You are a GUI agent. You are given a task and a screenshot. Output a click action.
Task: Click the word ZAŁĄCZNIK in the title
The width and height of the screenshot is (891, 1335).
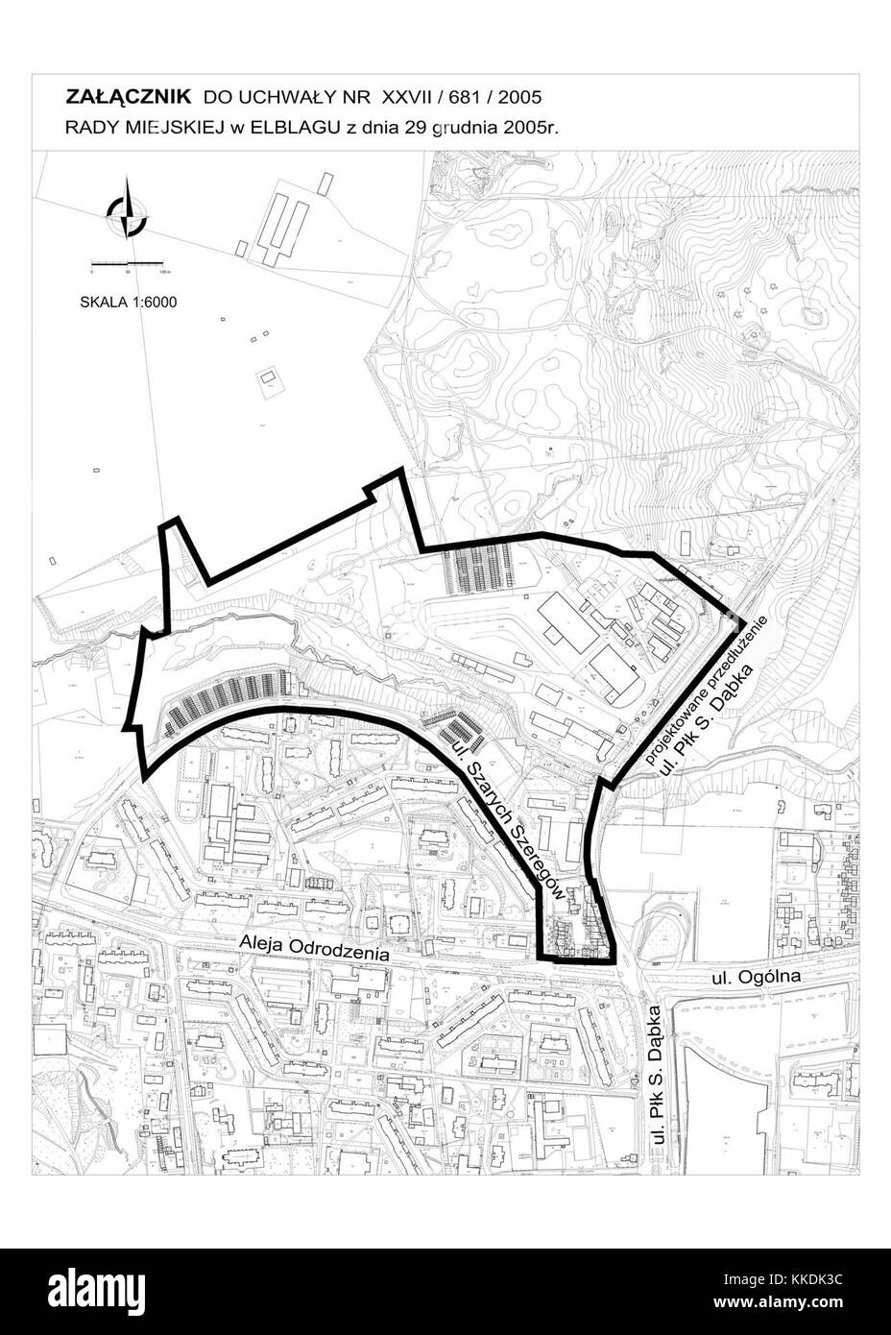[x=129, y=97]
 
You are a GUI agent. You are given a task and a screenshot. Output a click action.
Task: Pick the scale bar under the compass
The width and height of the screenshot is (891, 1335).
[x=129, y=262]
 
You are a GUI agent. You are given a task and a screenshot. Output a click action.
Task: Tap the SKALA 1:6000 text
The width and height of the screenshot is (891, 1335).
[x=128, y=302]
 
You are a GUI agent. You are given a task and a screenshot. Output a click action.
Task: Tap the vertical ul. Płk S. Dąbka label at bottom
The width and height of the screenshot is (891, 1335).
[x=658, y=1084]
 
